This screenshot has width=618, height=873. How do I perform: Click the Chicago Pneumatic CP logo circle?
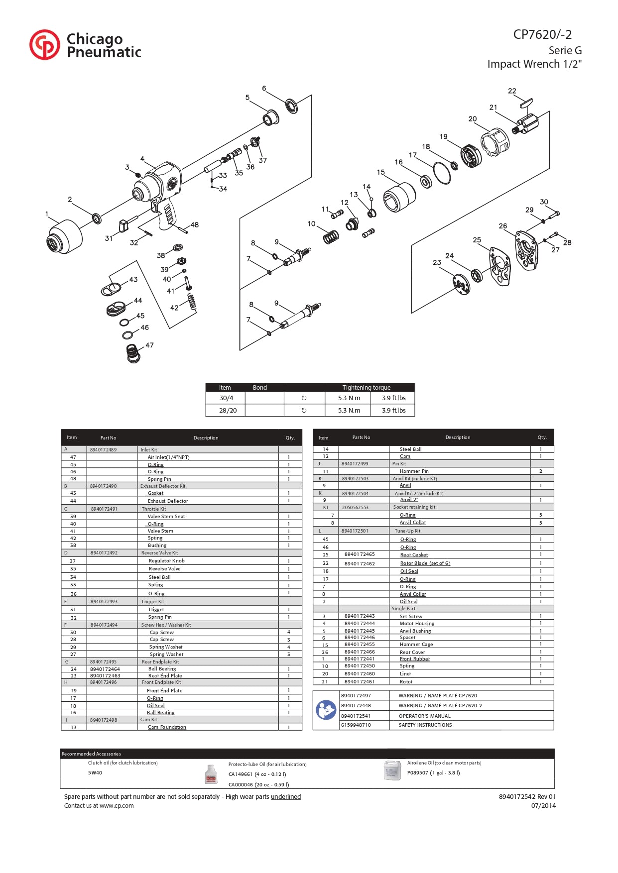44,45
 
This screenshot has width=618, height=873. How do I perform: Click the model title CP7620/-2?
542,34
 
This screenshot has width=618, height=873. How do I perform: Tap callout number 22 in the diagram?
512,91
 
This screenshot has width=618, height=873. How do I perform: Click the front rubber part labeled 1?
64,237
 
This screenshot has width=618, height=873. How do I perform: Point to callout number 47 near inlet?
149,345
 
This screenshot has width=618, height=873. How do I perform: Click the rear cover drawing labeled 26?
526,250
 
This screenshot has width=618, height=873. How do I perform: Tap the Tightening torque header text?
366,388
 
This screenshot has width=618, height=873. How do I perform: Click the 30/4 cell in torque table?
226,398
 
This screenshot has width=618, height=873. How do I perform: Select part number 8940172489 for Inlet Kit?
103,449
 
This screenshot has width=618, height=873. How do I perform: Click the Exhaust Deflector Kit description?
163,486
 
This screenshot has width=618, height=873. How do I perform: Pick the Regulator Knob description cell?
166,561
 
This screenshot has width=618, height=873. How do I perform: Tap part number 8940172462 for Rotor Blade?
360,563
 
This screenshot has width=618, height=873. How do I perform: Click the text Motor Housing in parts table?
417,623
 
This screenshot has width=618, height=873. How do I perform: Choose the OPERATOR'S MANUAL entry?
424,716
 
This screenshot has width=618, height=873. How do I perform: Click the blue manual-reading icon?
326,710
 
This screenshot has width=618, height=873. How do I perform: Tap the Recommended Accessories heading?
91,754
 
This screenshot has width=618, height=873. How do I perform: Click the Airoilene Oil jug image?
392,770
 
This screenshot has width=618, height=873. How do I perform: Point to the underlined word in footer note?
286,797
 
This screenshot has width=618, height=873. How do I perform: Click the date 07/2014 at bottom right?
543,806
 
